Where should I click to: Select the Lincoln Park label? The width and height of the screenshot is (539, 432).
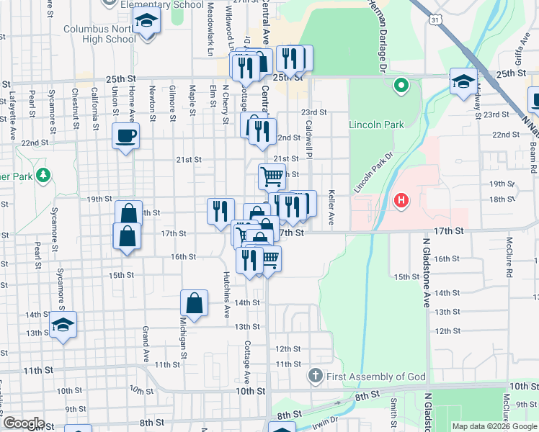376,125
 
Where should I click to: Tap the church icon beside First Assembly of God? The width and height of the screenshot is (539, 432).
315,376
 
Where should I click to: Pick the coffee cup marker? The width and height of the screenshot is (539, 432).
125,136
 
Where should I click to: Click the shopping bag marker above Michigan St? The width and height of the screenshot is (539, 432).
195,303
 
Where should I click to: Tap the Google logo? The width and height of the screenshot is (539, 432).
23,423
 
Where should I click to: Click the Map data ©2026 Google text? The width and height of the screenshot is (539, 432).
494,426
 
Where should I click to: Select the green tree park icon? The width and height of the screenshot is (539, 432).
44,175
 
